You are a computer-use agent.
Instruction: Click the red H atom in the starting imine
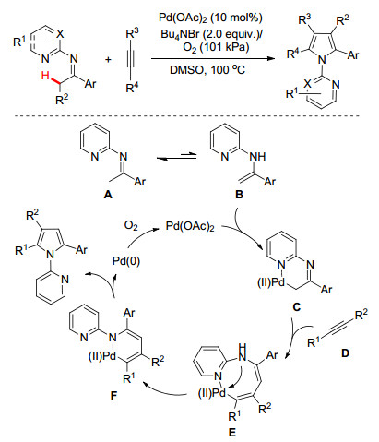(x=45, y=76)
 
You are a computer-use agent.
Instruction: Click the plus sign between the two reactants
(x=108, y=59)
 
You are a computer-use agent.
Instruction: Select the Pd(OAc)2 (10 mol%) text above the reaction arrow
(x=210, y=18)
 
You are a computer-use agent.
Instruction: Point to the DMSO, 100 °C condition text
(x=207, y=70)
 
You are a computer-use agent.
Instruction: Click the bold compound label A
(x=108, y=195)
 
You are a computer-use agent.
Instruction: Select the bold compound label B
(x=239, y=195)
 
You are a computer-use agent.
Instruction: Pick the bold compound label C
(x=296, y=306)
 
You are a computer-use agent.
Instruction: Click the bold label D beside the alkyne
(x=345, y=352)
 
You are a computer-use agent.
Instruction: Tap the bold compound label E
(x=232, y=433)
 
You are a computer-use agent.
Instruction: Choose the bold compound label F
(x=113, y=395)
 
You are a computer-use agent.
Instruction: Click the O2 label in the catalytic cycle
(x=131, y=226)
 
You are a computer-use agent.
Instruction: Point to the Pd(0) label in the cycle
(x=126, y=261)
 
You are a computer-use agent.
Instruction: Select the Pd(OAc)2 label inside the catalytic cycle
(x=190, y=226)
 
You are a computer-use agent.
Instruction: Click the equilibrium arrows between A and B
(x=176, y=158)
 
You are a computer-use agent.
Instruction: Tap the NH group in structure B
(x=257, y=157)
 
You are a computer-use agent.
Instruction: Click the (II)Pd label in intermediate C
(x=271, y=282)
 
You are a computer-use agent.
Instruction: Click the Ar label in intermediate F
(x=129, y=313)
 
